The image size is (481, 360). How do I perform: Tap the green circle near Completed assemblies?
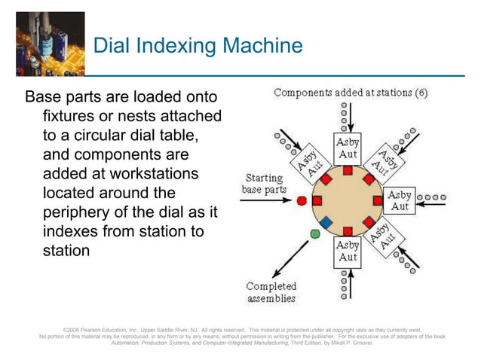[315, 234]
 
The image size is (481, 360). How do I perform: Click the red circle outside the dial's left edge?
[302, 201]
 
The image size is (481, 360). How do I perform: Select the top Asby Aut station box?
[348, 148]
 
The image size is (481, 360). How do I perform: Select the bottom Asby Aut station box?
[348, 252]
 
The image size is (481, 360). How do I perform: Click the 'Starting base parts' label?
[262, 184]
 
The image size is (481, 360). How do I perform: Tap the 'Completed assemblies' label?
[271, 292]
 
